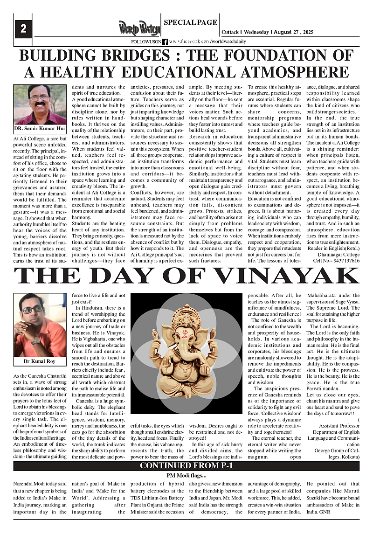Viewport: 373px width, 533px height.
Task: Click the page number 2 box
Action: tap(23, 29)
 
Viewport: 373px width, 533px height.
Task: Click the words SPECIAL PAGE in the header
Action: tap(191, 22)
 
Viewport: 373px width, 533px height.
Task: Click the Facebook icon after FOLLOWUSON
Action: tap(165, 42)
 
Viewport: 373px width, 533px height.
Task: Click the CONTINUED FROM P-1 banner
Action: tap(186, 466)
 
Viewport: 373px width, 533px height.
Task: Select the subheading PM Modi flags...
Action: tap(186, 475)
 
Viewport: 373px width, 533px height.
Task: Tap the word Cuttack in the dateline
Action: tap(230, 32)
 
